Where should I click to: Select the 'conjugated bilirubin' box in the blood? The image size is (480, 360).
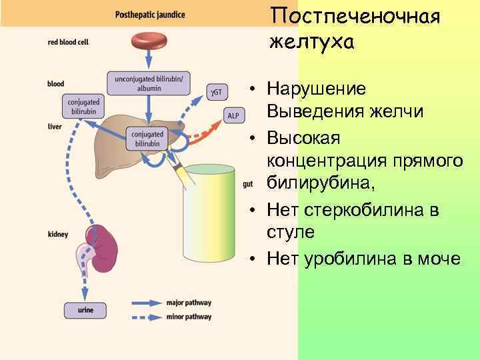click(x=84, y=106)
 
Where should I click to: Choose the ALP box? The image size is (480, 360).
click(x=233, y=115)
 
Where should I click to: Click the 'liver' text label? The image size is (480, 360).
click(x=55, y=126)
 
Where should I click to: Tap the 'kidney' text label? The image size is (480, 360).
click(x=58, y=234)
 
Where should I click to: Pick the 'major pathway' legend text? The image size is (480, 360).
click(x=189, y=302)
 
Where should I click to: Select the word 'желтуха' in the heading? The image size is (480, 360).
click(x=312, y=42)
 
